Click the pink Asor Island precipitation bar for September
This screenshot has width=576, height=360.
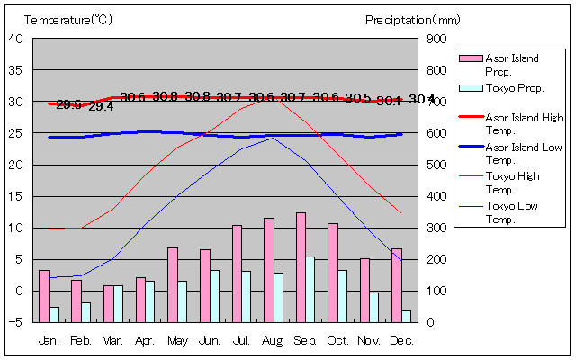[301, 267]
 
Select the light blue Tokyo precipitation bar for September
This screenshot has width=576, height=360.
[310, 289]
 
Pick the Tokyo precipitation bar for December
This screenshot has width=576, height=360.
[407, 315]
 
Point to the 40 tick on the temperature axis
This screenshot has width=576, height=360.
[16, 39]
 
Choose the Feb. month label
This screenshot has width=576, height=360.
[82, 340]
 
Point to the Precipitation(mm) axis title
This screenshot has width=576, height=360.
[413, 19]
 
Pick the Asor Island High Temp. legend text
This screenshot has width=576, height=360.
[525, 123]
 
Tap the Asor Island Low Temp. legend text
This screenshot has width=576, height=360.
[525, 152]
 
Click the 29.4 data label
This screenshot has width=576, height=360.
[101, 107]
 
